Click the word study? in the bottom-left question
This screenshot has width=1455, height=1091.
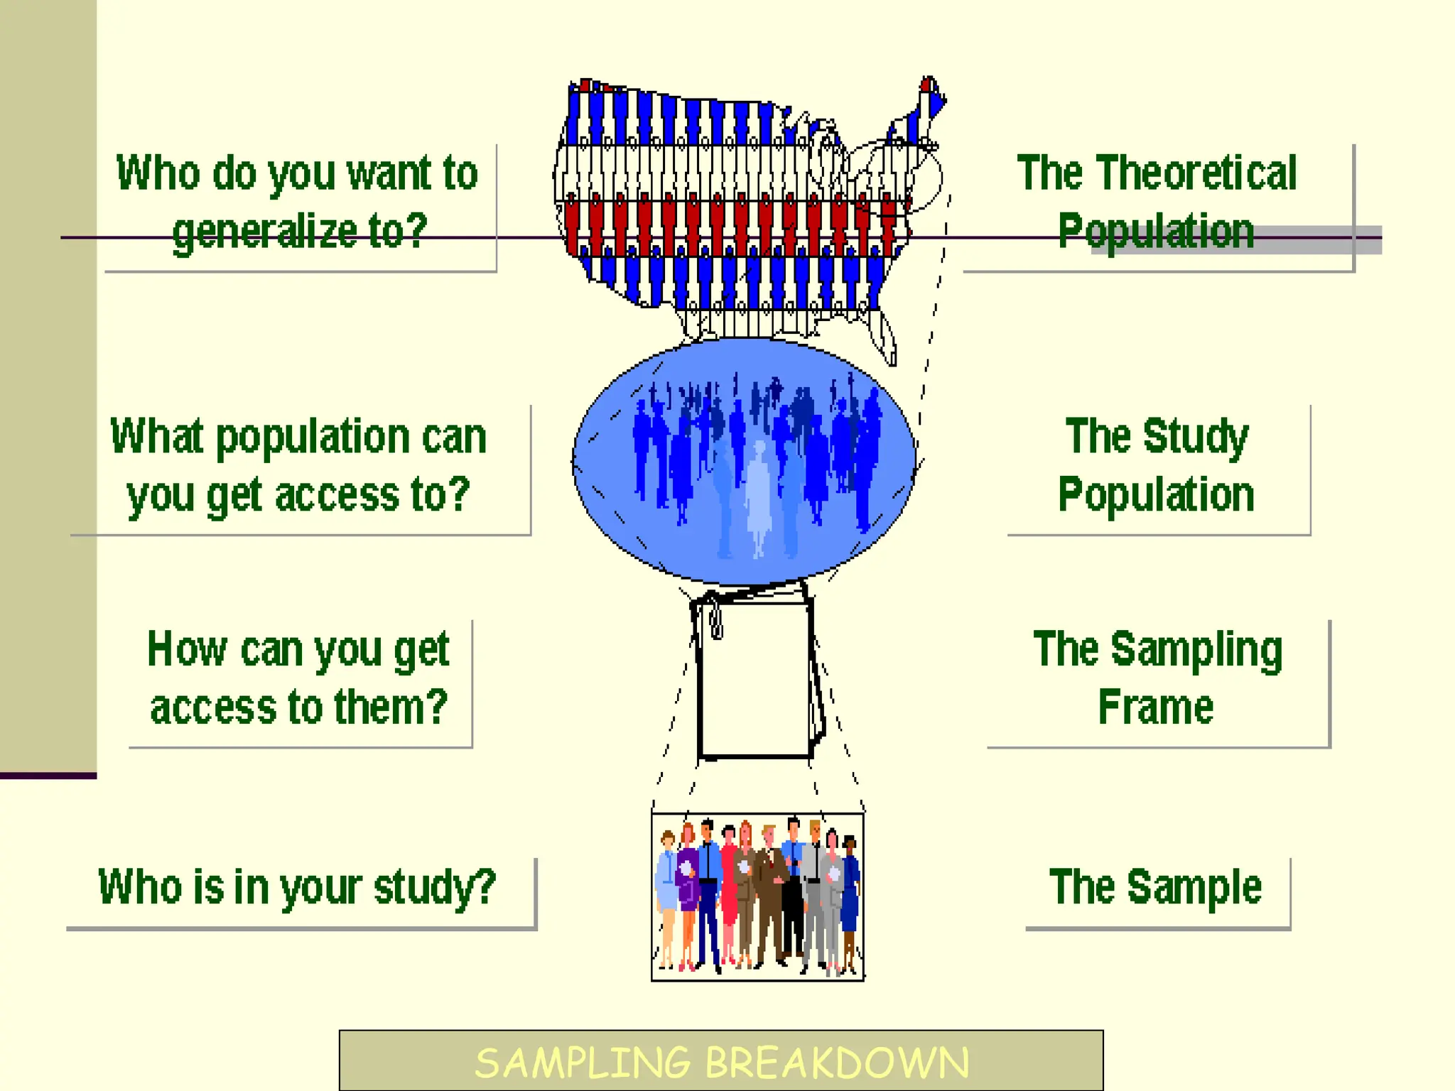point(434,887)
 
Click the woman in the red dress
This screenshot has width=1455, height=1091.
point(730,888)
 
